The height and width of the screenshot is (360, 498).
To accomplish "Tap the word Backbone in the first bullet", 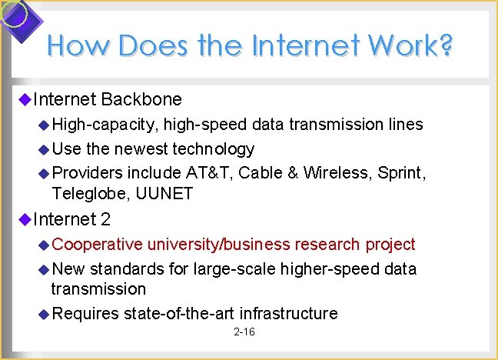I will coord(141,99).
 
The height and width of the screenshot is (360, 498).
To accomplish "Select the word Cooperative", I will coord(98,245).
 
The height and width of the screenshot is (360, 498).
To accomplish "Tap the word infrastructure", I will coord(289,313).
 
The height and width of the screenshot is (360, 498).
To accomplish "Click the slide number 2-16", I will coord(244,332).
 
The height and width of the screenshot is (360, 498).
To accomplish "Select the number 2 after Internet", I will coord(106,220).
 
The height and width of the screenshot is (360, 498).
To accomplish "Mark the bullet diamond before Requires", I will coord(44,313).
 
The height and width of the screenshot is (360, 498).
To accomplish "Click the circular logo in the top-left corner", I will coord(15,15).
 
